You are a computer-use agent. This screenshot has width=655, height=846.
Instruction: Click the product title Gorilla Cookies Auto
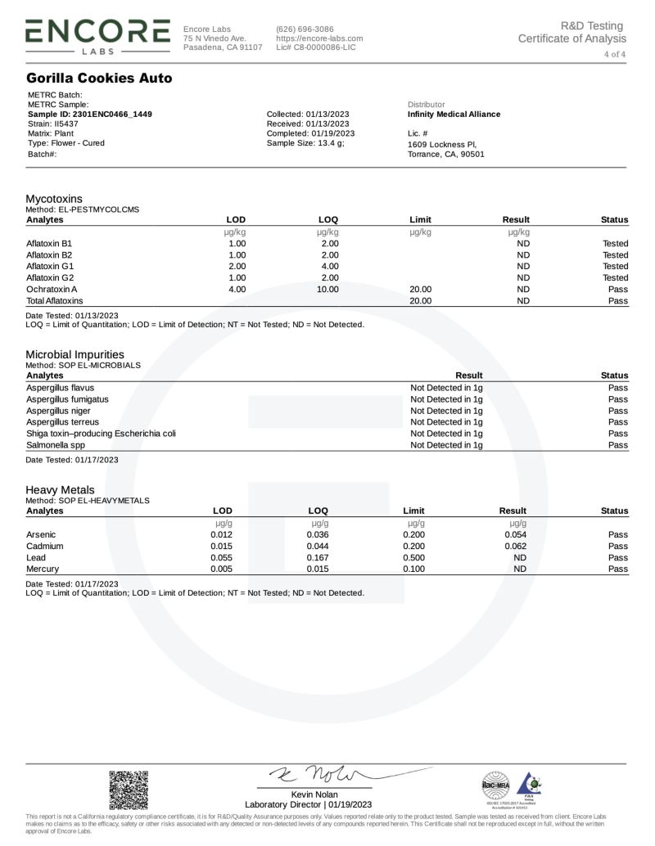99,79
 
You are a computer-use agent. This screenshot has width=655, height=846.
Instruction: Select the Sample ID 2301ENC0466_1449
89,115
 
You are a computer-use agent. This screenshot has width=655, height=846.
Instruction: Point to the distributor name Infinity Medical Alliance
454,115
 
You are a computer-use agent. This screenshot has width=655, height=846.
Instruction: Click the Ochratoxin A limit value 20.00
420,290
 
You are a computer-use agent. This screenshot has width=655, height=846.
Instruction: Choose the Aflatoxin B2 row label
49,255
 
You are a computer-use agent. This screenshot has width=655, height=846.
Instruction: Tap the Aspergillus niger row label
59,411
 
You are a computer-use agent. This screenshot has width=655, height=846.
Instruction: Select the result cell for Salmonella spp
446,445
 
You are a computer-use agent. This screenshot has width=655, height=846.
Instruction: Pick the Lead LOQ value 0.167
318,557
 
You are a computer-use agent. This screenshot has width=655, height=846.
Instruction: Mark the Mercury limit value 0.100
414,569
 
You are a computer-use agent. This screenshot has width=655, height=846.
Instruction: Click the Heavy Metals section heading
60,489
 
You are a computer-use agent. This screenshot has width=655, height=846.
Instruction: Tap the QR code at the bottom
129,790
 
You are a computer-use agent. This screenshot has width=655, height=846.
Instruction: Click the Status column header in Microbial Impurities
614,376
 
